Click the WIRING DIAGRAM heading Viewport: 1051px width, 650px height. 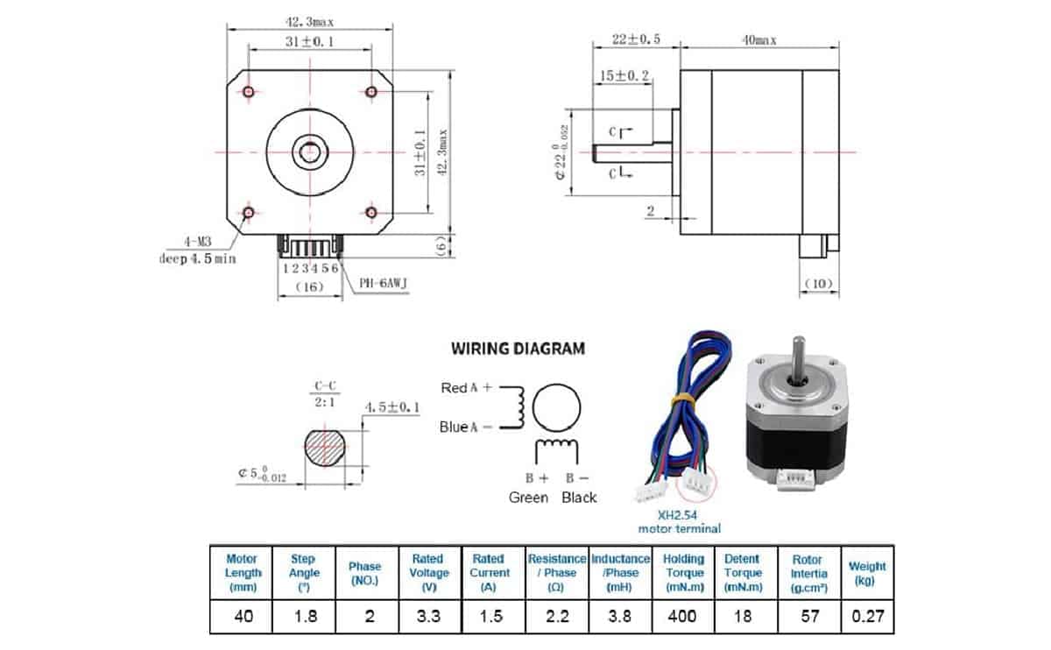[x=518, y=348]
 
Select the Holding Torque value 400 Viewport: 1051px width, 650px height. [x=682, y=616]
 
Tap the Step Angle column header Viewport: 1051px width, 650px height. [x=305, y=572]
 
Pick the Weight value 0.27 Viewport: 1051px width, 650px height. [x=867, y=616]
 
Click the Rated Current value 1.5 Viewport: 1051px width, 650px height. [x=491, y=616]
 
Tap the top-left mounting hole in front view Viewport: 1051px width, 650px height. [x=249, y=92]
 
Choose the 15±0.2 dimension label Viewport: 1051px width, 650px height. [x=623, y=76]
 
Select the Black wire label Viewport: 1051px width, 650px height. [x=578, y=497]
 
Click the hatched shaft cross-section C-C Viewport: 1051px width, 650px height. [x=326, y=449]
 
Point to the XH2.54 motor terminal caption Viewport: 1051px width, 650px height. [x=680, y=522]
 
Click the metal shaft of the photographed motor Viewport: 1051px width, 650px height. [x=798, y=357]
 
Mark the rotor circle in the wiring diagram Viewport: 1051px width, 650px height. [x=557, y=408]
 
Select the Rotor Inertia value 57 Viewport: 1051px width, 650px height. [x=809, y=616]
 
